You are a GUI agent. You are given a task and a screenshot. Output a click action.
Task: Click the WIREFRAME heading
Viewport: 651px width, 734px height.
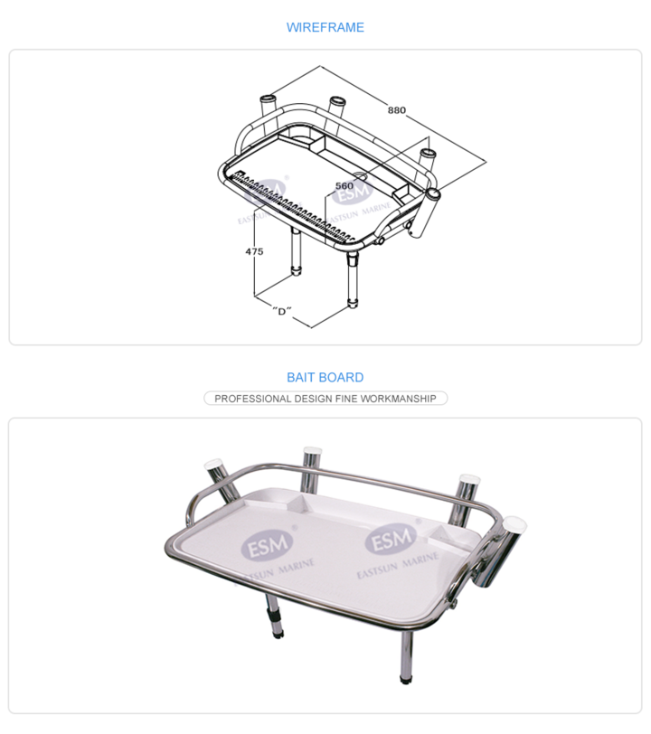click(325, 27)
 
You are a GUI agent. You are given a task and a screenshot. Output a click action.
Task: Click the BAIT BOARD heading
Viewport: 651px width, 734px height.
click(325, 377)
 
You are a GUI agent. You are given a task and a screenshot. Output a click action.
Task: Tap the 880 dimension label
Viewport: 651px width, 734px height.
click(397, 110)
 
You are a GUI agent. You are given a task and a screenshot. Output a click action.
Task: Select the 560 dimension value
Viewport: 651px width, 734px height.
click(344, 186)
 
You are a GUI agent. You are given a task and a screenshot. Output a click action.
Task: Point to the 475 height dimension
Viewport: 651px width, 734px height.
click(254, 251)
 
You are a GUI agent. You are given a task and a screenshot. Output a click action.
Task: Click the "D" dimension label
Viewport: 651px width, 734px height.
click(281, 311)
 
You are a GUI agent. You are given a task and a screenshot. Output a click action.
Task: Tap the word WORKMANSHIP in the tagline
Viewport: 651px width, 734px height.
click(399, 399)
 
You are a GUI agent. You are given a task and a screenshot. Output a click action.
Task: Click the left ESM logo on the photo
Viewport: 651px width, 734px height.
click(267, 545)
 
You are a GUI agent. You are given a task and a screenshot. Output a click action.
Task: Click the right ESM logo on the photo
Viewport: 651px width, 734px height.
click(391, 540)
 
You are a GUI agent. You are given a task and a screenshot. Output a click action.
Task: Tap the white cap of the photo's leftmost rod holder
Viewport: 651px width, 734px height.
click(213, 465)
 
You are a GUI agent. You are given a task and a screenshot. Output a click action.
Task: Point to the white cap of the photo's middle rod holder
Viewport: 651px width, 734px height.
click(312, 452)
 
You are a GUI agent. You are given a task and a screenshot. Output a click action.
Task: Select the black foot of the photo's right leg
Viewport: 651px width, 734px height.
click(406, 679)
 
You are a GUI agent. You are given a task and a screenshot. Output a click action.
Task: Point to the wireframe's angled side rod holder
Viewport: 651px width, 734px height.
click(424, 212)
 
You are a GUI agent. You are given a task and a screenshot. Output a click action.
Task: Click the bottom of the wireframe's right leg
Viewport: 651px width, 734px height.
click(353, 303)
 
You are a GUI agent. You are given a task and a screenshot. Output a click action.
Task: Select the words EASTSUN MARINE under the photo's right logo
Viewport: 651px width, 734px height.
click(398, 565)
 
